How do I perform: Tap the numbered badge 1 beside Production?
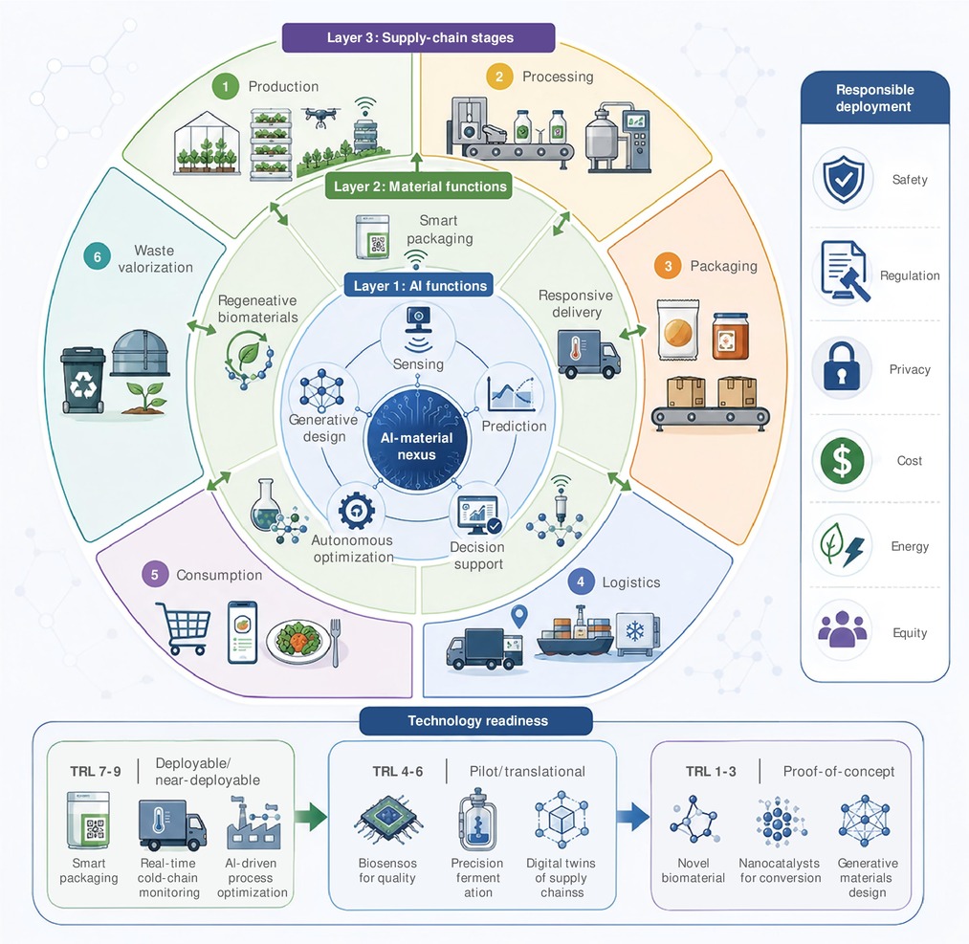(226, 86)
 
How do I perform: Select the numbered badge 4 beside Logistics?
(581, 582)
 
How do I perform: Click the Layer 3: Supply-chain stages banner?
(418, 37)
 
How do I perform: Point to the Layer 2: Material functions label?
(419, 186)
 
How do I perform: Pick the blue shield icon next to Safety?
(844, 179)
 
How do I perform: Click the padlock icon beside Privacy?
(841, 367)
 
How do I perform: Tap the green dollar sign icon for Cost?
(842, 461)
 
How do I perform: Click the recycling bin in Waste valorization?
(83, 380)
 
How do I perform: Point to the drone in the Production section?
(321, 116)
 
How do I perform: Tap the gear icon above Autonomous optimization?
(356, 511)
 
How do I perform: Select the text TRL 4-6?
(397, 771)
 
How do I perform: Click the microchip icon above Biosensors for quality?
(388, 820)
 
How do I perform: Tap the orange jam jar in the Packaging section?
(731, 336)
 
